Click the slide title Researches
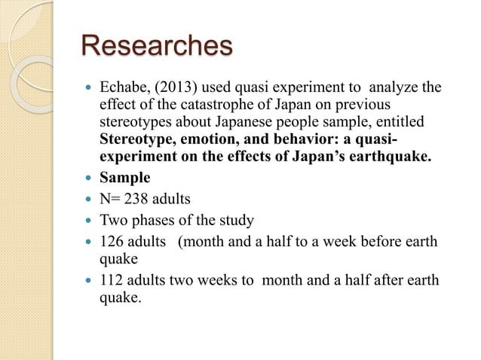157,47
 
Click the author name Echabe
124,89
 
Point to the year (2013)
173,89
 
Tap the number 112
112,282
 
